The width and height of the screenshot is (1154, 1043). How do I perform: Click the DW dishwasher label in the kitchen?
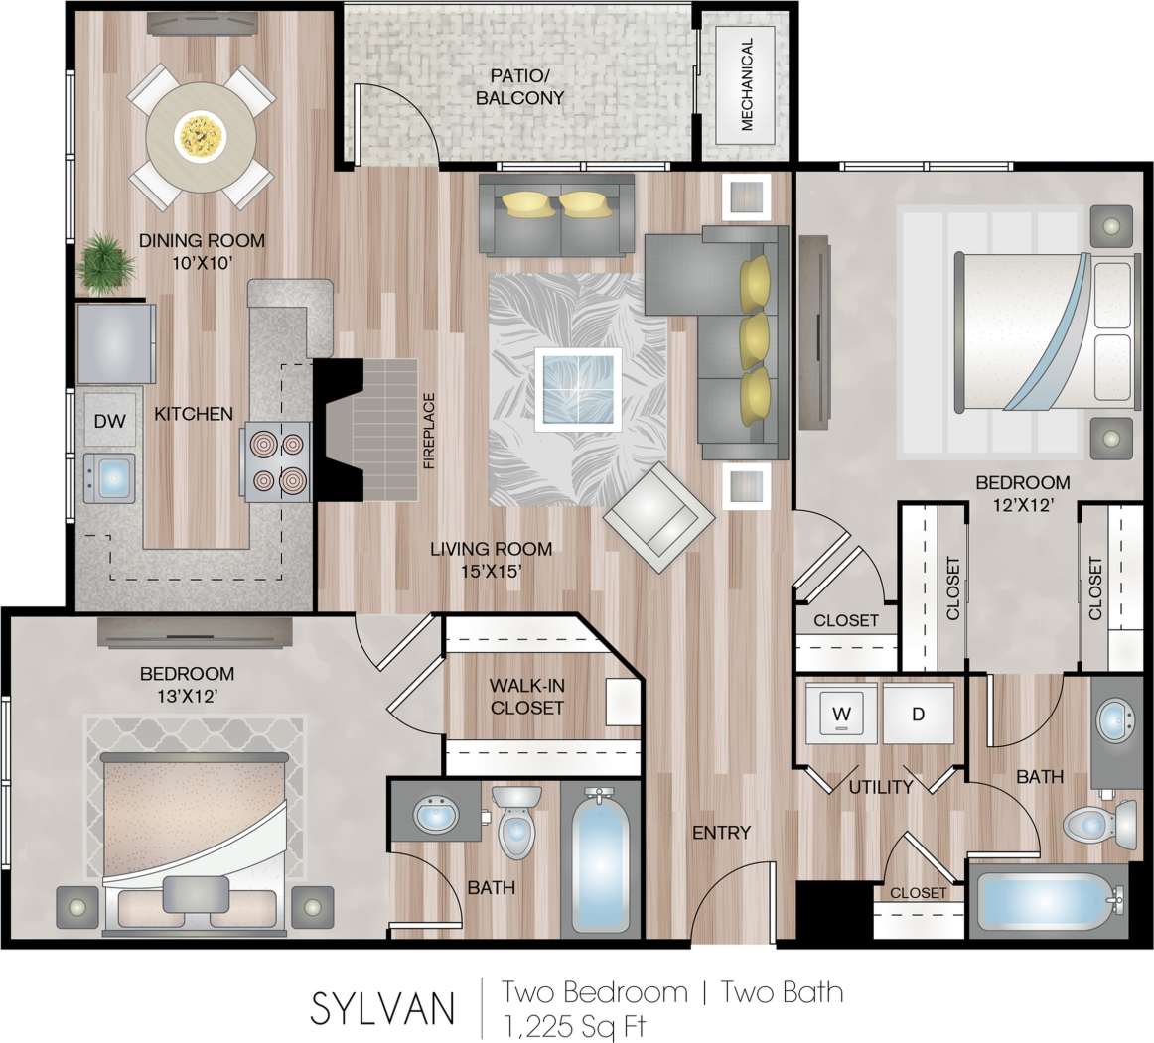pyautogui.click(x=110, y=421)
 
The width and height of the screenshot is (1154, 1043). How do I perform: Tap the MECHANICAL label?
pyautogui.click(x=747, y=84)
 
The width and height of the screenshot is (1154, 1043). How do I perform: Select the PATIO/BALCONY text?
pyautogui.click(x=519, y=87)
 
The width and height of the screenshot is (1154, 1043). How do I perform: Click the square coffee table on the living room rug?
pyautogui.click(x=578, y=389)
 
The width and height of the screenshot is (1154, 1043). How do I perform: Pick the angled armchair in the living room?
pyautogui.click(x=658, y=517)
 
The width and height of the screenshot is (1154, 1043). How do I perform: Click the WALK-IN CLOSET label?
pyautogui.click(x=526, y=697)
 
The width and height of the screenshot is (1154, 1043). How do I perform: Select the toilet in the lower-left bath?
pyautogui.click(x=516, y=825)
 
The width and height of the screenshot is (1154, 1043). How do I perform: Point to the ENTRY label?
pyautogui.click(x=722, y=833)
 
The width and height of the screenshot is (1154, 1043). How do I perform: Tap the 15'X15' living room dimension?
pyautogui.click(x=491, y=572)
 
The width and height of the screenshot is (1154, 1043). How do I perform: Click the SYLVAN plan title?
pyautogui.click(x=383, y=1008)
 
